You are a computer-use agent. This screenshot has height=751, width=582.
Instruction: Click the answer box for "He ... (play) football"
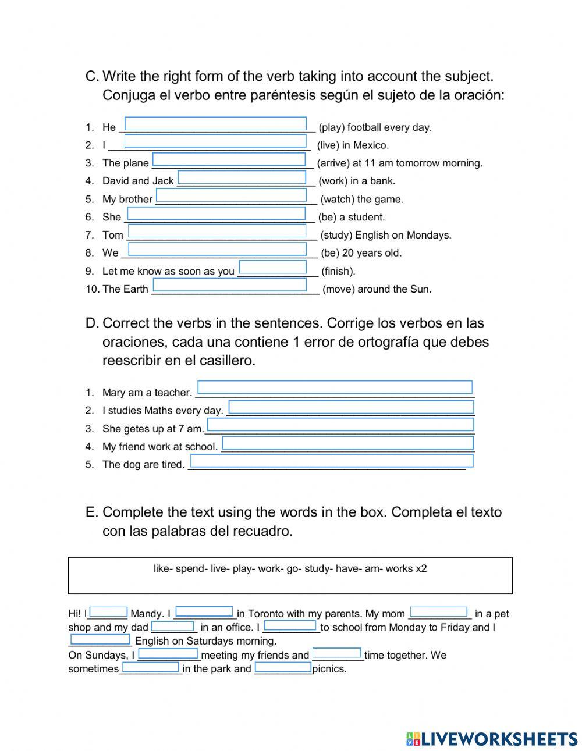click(215, 124)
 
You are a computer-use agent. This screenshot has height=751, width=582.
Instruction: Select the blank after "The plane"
click(229, 159)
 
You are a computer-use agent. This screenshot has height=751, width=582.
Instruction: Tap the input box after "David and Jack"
click(242, 177)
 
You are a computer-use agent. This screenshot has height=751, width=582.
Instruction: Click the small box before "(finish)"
click(273, 267)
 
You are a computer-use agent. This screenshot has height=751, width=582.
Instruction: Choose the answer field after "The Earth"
click(229, 285)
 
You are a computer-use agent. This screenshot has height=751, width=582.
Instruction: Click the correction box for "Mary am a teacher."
click(335, 387)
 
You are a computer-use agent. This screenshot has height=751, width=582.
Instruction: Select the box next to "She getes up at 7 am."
click(340, 424)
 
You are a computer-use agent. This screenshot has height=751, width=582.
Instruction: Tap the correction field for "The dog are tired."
click(332, 461)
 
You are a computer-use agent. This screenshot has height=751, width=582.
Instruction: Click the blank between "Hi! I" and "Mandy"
click(108, 611)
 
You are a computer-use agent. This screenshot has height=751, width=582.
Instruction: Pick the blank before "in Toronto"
click(204, 611)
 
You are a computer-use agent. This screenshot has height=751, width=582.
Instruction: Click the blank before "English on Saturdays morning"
click(100, 640)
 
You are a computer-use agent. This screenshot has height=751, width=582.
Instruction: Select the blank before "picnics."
click(283, 668)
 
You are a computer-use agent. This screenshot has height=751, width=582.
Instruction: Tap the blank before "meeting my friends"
click(168, 654)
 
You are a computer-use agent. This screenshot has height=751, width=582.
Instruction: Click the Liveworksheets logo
click(491, 739)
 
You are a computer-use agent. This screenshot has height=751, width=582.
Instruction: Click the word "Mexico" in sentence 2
click(370, 145)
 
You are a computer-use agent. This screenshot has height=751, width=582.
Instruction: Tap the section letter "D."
click(92, 323)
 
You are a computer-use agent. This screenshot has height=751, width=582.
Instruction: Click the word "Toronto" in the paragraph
click(267, 614)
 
